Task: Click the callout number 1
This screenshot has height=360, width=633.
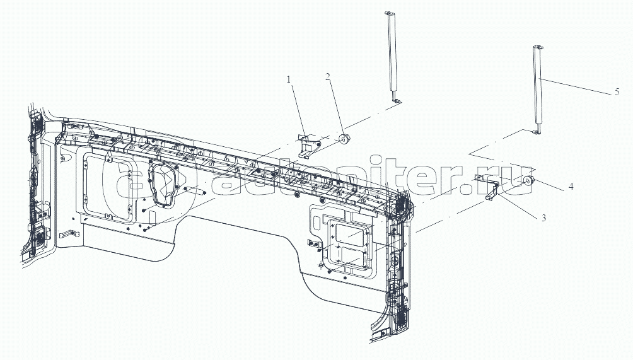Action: pyautogui.click(x=289, y=80)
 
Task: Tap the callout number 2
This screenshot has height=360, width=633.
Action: pyautogui.click(x=328, y=77)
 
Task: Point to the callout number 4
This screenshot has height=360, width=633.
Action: pyautogui.click(x=570, y=187)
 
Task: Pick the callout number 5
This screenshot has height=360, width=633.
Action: pyautogui.click(x=616, y=92)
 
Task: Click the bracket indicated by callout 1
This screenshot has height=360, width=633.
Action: pyautogui.click(x=307, y=144)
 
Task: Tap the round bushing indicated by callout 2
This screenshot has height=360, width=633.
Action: pyautogui.click(x=344, y=138)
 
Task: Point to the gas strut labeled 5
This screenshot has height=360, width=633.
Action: pyautogui.click(x=538, y=88)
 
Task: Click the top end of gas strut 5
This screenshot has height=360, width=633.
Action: pyautogui.click(x=538, y=47)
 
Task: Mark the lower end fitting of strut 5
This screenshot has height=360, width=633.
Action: pyautogui.click(x=537, y=130)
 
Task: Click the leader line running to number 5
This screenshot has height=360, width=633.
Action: pyautogui.click(x=577, y=86)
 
